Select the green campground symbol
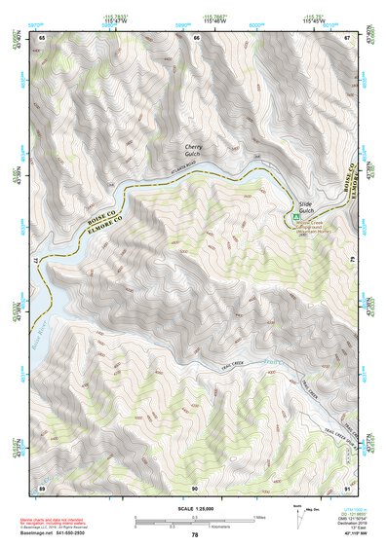click(295, 216)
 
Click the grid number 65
click(43, 38)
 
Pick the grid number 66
click(196, 38)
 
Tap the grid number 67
click(347, 38)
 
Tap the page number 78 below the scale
click(195, 534)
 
